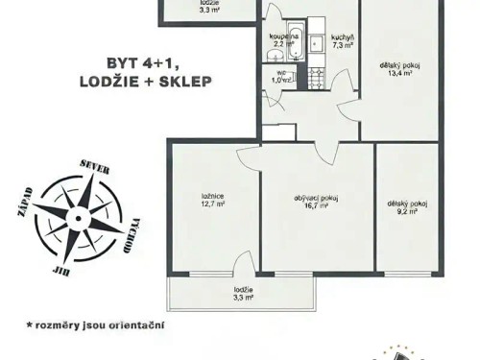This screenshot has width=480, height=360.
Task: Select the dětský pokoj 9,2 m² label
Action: [406, 207]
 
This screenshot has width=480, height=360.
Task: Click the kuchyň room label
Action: [345, 36]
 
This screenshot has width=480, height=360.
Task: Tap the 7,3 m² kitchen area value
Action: [345, 44]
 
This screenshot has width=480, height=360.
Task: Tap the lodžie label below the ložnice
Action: [243, 290]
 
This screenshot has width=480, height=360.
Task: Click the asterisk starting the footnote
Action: [30, 324]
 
